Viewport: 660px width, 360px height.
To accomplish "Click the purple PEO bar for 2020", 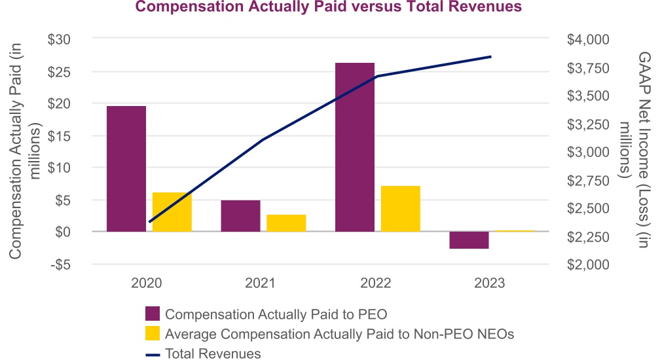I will tap(126, 168).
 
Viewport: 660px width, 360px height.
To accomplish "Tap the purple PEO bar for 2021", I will tap(240, 215).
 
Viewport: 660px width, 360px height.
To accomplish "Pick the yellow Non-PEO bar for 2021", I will tap(286, 223).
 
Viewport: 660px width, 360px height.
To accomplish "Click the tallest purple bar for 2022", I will tap(355, 147).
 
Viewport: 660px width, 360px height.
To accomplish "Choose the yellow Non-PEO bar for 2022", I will tap(400, 208).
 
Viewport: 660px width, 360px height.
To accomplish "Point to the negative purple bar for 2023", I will tap(469, 240).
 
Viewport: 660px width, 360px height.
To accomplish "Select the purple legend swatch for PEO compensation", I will tap(152, 313).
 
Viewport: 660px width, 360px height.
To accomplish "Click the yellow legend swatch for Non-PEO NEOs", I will tap(152, 333).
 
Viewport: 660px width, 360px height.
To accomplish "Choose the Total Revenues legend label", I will tap(213, 353).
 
